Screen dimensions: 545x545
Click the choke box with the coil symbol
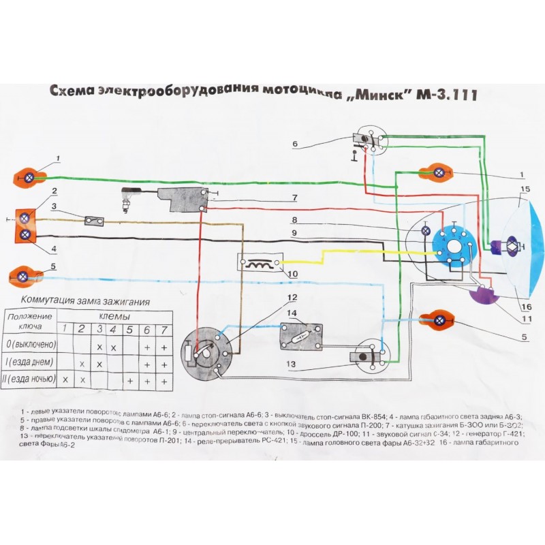coord(258,263)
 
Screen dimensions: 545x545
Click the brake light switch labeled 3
coord(94,221)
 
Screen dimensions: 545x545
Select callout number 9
coord(294,234)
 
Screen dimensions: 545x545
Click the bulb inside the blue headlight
coord(510,246)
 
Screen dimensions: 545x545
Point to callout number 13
coord(291,364)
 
